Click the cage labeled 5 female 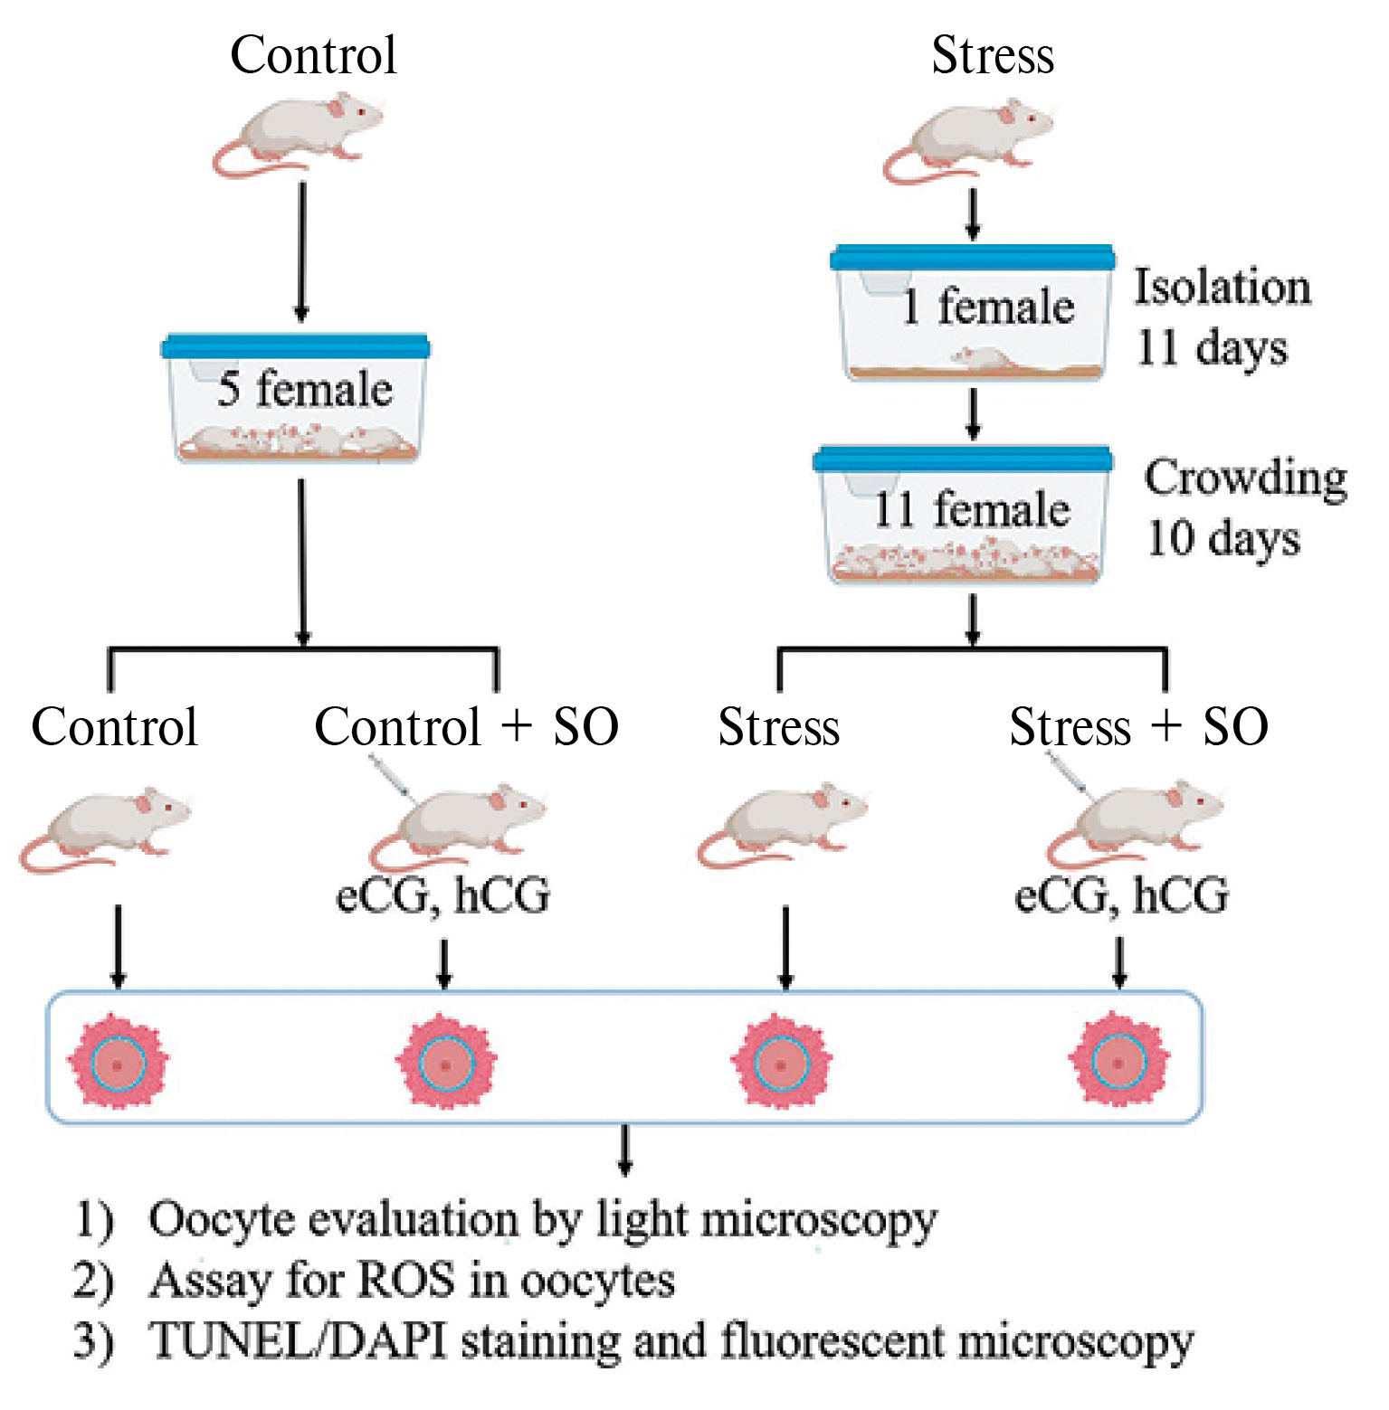click(x=296, y=398)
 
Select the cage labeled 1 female click(x=973, y=312)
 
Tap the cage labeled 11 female click(x=964, y=514)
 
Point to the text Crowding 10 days click(x=1244, y=507)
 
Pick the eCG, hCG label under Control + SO click(x=442, y=895)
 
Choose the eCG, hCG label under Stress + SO click(x=1122, y=895)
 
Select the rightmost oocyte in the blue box click(x=1118, y=1061)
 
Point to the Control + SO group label click(x=466, y=726)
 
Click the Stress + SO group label click(x=1138, y=726)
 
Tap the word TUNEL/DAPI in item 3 click(x=298, y=1340)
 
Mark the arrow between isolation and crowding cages click(x=973, y=413)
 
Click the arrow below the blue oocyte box click(x=624, y=1150)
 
